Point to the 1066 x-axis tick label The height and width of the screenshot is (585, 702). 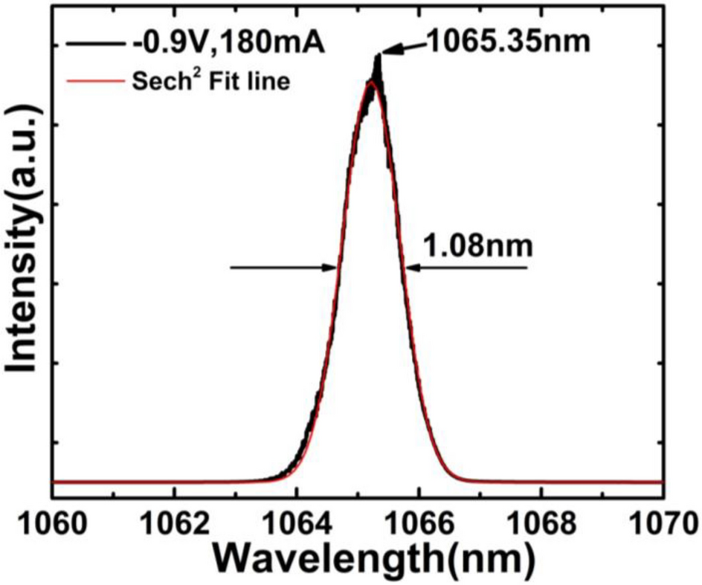tap(419, 523)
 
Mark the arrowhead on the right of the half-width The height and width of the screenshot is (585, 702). tap(410, 268)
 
